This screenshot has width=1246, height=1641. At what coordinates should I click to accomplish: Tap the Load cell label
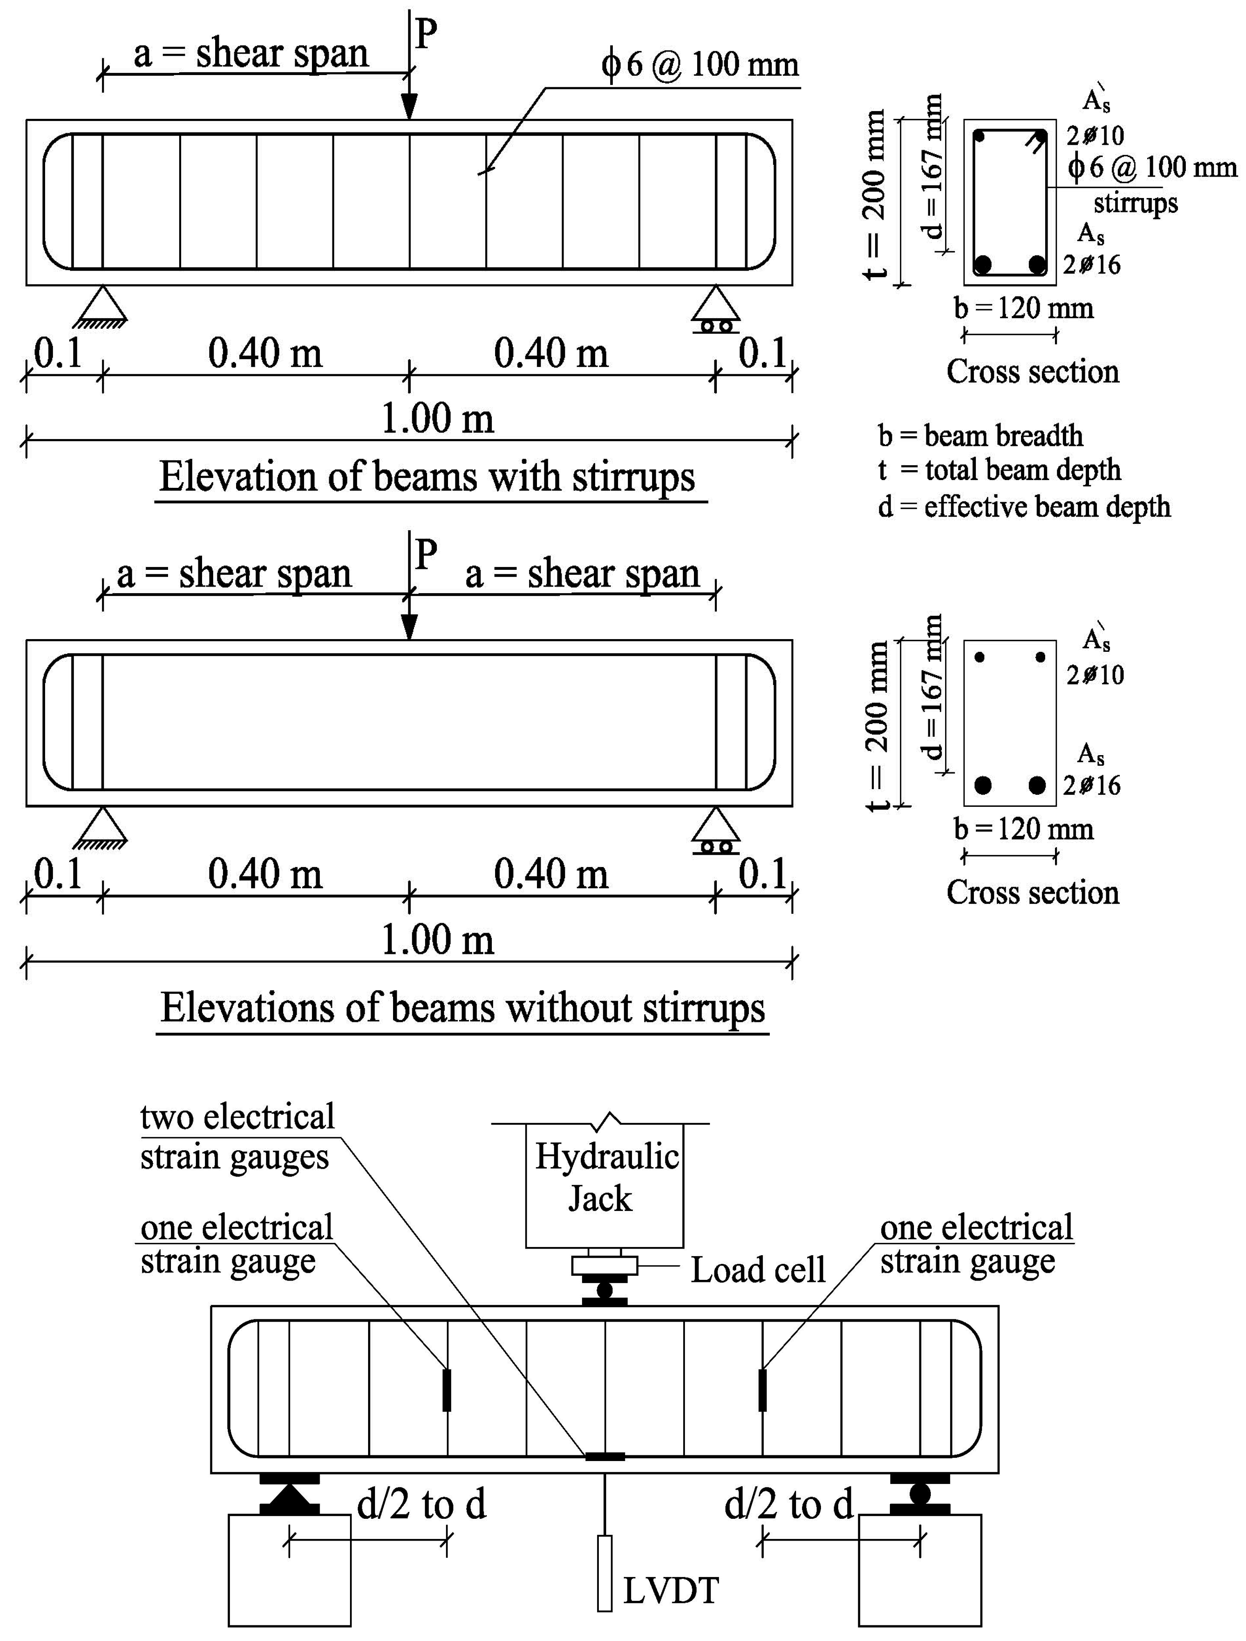[x=757, y=1270]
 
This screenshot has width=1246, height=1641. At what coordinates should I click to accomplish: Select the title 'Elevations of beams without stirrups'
[x=463, y=1008]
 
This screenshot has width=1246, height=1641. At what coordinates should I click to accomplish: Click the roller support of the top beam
[x=716, y=310]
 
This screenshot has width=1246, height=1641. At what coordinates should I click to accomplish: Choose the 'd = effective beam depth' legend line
[x=1023, y=507]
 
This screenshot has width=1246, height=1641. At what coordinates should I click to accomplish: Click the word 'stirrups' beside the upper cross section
[x=1135, y=203]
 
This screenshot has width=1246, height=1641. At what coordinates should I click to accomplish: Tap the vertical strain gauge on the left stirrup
[x=446, y=1390]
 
